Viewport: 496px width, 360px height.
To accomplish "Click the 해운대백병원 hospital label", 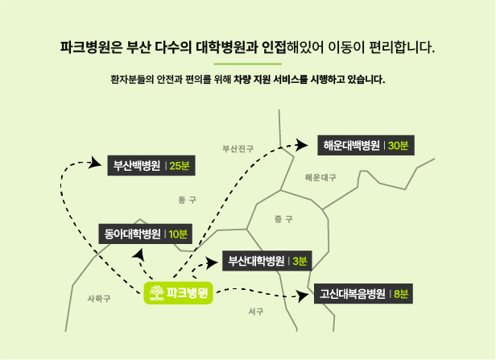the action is pos(366,145).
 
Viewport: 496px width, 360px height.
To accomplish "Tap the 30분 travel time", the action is pos(398,146).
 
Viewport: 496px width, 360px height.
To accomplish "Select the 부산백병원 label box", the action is pos(151,165).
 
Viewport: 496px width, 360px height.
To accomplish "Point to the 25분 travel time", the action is pos(180,166).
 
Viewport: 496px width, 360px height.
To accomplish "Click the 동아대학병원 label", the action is pos(145,234).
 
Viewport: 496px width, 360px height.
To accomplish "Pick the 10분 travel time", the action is pos(178,234).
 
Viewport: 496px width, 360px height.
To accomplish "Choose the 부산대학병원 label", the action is pos(267,261).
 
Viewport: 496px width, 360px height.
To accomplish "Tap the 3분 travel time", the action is pos(300,261).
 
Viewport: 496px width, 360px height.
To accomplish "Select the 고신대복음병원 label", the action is pos(363,294).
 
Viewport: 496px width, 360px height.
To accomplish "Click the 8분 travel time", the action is pos(401,294).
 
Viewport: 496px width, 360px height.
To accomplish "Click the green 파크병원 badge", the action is pos(178,293).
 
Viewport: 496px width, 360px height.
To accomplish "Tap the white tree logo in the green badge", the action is pos(156,292).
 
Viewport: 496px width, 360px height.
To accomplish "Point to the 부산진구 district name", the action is pos(238,149).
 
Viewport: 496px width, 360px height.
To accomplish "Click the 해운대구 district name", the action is pos(320,177).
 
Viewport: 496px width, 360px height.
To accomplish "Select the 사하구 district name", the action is pos(99,298).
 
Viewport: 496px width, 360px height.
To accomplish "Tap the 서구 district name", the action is pos(256,312).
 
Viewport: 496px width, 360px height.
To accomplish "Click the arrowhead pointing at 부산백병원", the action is pos(95,163).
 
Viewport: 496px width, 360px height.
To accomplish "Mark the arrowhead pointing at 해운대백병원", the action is pos(301,145).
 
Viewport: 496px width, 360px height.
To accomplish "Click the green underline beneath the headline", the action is pos(248,64).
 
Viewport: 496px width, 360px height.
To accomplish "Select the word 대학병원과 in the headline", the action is pos(225,48).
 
